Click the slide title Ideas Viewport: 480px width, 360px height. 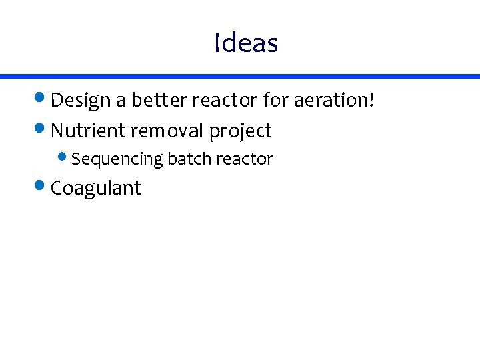click(x=246, y=43)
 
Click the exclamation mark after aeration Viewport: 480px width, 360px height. click(x=371, y=100)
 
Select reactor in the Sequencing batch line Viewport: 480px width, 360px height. click(x=245, y=159)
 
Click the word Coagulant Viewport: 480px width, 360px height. click(x=96, y=189)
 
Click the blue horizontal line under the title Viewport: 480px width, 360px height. click(x=240, y=77)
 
